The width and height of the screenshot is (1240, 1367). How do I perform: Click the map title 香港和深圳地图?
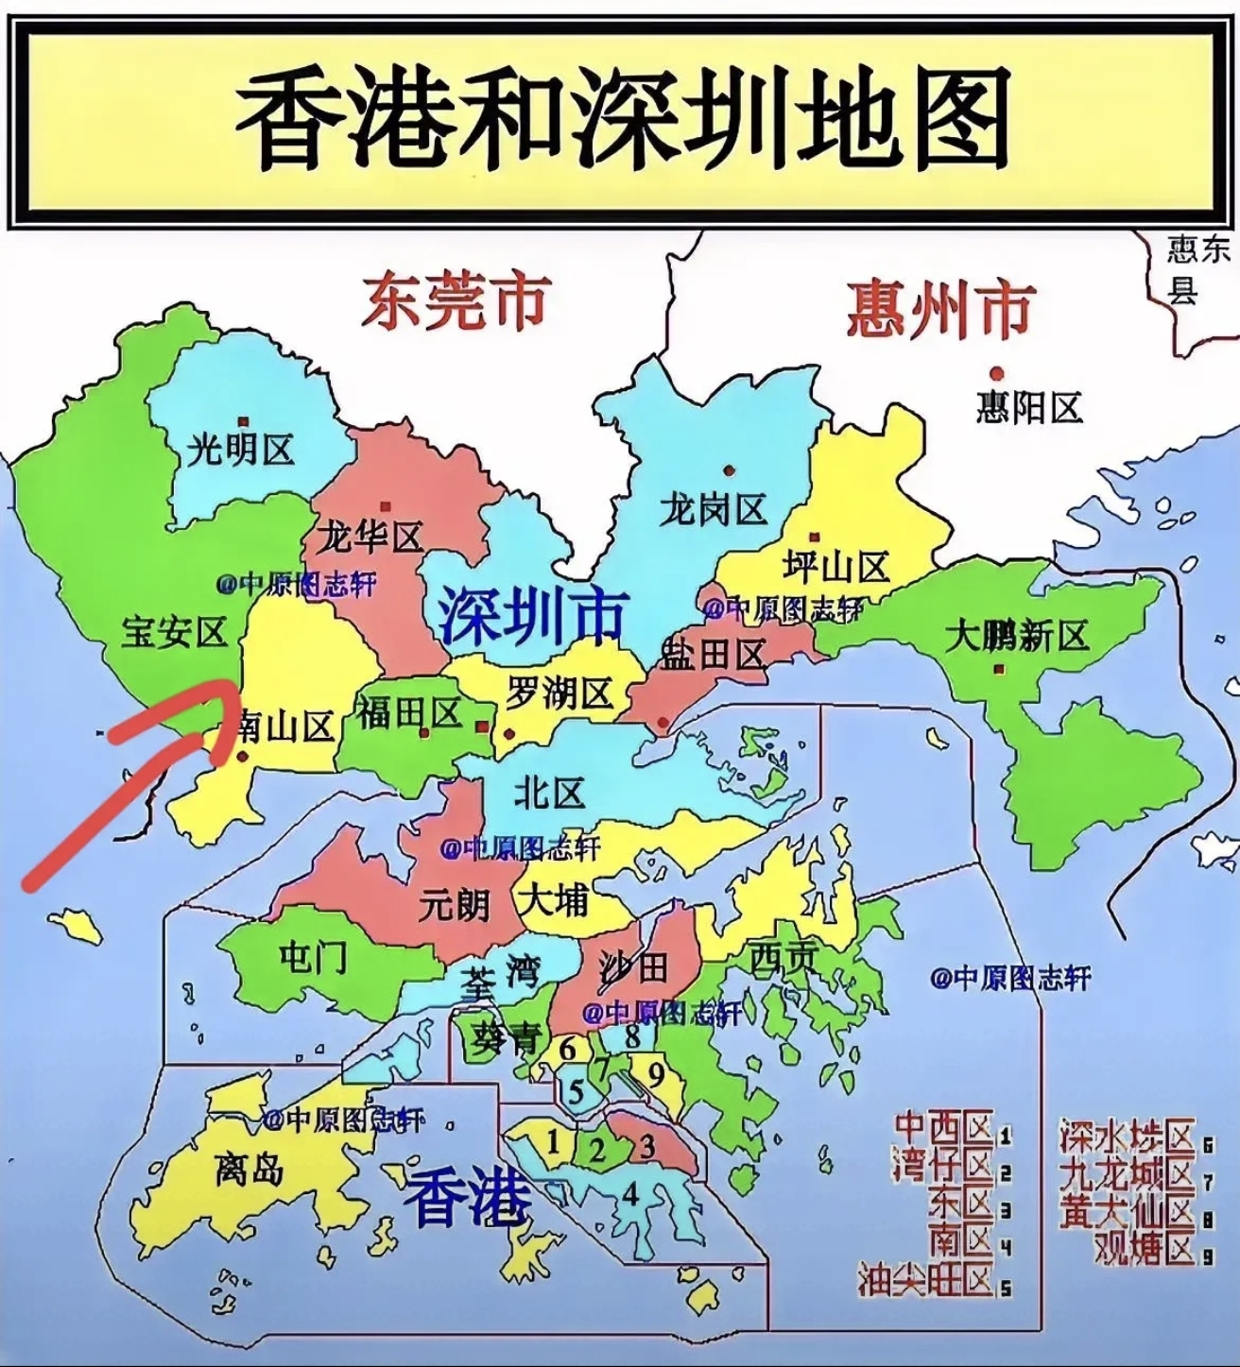(621, 121)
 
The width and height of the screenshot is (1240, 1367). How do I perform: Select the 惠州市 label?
(939, 308)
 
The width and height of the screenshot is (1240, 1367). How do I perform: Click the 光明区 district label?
(241, 450)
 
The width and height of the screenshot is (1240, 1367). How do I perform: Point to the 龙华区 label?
(369, 538)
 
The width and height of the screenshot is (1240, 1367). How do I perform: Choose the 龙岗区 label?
(712, 511)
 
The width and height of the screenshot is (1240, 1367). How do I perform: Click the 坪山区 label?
(836, 568)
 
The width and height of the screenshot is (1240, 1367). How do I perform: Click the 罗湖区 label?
(560, 694)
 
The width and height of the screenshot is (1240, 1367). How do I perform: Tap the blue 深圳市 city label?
(532, 616)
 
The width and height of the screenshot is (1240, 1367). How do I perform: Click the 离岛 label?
(249, 1170)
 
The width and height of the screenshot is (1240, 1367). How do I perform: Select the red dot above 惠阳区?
(995, 372)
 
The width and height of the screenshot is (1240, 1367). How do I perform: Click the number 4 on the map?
(629, 1193)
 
